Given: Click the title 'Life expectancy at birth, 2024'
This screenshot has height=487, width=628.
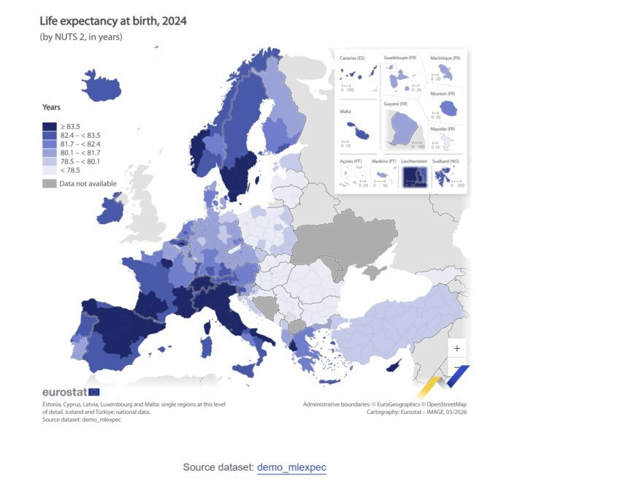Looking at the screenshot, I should (x=113, y=21).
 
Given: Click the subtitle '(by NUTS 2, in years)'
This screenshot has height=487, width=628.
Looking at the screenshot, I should (x=81, y=37).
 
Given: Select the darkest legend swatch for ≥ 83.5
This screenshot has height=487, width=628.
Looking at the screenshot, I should (x=49, y=126).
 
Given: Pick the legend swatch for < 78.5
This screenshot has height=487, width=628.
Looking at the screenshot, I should (x=49, y=170).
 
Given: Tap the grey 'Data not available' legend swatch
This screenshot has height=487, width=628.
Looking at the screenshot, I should (x=49, y=183).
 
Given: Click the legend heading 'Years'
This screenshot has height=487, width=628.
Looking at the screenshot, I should (x=51, y=107).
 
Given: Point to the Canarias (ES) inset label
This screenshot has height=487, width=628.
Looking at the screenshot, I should (x=352, y=58).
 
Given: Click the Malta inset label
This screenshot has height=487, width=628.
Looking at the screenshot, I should (x=345, y=112).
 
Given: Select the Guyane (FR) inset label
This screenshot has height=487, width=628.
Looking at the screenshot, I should (x=397, y=104).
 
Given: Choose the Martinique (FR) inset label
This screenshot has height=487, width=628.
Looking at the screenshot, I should (x=445, y=58).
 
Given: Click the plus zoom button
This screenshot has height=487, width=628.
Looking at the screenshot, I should (x=457, y=348).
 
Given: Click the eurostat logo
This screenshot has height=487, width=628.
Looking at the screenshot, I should (x=70, y=392).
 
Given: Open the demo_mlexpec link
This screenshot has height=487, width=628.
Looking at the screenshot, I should (x=296, y=467).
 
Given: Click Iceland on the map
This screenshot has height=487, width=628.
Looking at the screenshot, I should (x=102, y=85).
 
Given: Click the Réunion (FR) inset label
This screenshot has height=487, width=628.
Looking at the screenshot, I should (x=443, y=93).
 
